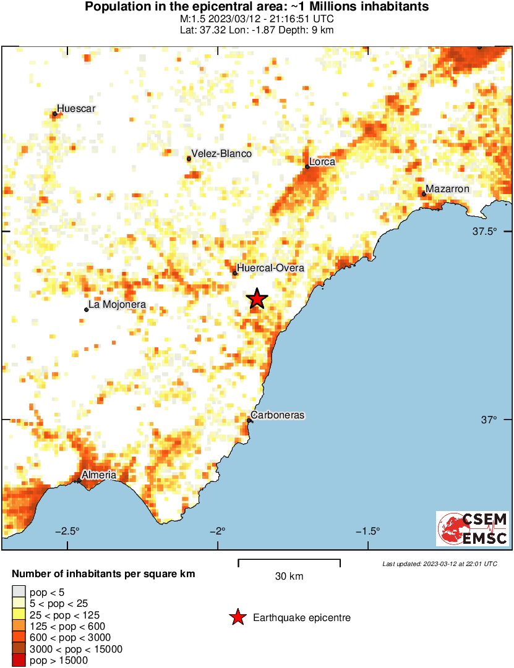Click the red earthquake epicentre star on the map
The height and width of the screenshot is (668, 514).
pyautogui.click(x=257, y=299)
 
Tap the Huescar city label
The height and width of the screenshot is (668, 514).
pyautogui.click(x=77, y=109)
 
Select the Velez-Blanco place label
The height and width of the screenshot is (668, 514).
pyautogui.click(x=221, y=154)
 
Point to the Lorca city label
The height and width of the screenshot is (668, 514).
pyautogui.click(x=322, y=162)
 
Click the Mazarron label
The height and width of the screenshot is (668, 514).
pyautogui.click(x=448, y=189)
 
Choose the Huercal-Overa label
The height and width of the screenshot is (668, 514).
pyautogui.click(x=271, y=268)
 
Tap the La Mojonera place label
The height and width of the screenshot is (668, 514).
pyautogui.click(x=117, y=305)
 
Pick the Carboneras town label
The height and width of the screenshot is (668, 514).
pyautogui.click(x=278, y=415)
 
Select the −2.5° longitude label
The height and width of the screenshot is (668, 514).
pyautogui.click(x=67, y=531)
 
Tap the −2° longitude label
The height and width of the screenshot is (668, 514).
pyautogui.click(x=218, y=531)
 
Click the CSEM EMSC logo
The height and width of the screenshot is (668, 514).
pyautogui.click(x=473, y=528)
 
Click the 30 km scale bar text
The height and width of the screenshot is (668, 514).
pyautogui.click(x=289, y=577)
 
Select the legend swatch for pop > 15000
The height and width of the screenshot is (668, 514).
pyautogui.click(x=20, y=661)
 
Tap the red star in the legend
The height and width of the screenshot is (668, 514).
pyautogui.click(x=237, y=617)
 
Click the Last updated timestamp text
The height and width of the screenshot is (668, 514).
pyautogui.click(x=440, y=564)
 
